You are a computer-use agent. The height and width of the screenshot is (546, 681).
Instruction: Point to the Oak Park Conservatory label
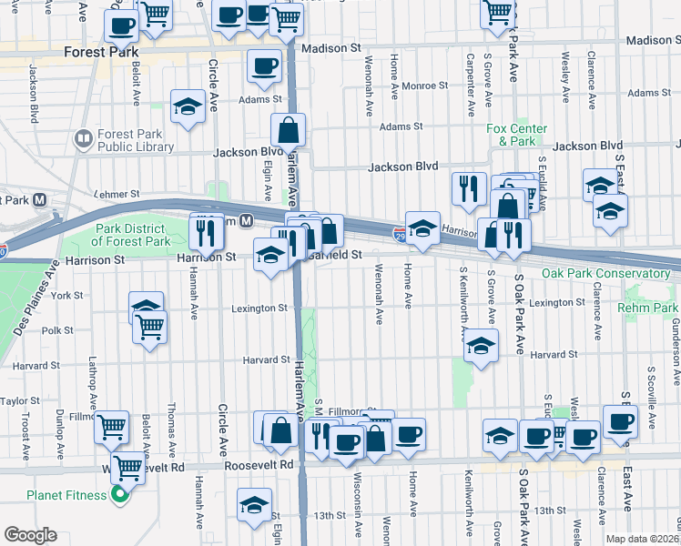605,273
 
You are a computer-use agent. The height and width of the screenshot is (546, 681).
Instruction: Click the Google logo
30,534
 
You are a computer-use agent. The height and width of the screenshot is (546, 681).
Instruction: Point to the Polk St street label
56,330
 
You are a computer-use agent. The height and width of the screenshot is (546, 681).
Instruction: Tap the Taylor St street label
20,400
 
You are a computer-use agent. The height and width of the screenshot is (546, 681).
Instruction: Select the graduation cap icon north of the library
188,107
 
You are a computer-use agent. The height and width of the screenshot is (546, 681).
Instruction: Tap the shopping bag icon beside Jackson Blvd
288,130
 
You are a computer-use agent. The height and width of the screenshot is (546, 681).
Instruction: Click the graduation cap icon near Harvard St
481,347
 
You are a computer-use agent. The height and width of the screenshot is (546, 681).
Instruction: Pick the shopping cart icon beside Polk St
149,327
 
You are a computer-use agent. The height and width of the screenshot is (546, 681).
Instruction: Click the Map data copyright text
643,538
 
